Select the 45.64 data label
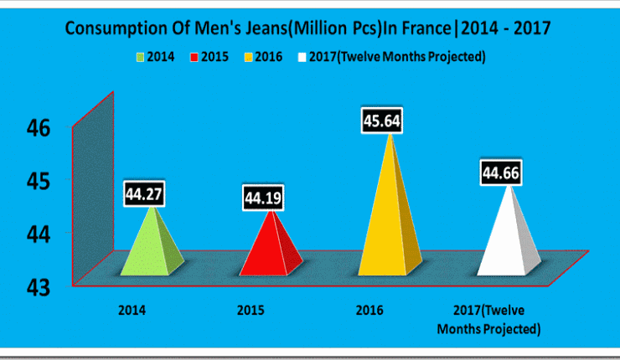[x=381, y=121]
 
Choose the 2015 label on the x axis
[x=250, y=311]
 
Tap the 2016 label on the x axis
[x=369, y=311]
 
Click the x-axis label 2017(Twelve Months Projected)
[x=488, y=319]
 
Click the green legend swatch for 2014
[x=140, y=58]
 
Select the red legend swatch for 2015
[x=194, y=58]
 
